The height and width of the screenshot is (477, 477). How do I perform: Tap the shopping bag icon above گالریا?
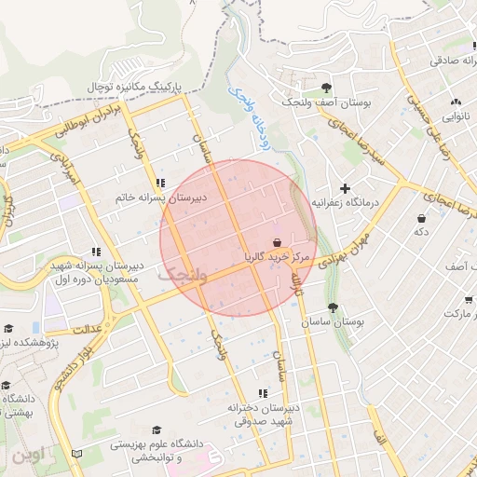(x=279, y=240)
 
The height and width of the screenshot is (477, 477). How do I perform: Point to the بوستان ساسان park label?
(x=333, y=320)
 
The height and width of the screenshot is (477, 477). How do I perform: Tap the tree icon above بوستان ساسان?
(x=333, y=307)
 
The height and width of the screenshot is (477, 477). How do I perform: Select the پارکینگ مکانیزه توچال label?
(x=139, y=86)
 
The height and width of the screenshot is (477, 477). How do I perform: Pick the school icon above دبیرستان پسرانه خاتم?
(x=161, y=183)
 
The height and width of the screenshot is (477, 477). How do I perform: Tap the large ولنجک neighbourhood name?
(x=178, y=274)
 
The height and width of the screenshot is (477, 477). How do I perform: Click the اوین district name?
(x=28, y=457)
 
